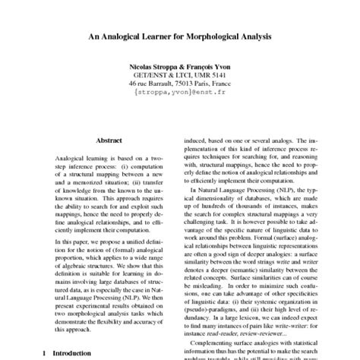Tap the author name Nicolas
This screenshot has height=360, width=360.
click(x=141, y=68)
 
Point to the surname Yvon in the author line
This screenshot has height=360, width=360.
click(x=224, y=68)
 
